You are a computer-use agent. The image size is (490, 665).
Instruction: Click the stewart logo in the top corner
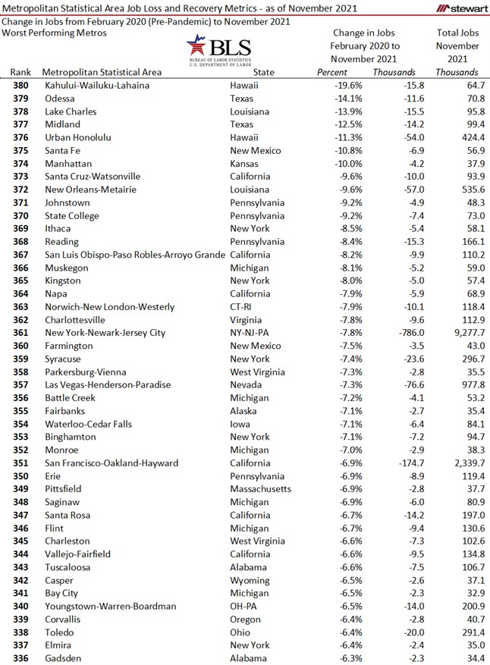coord(458,8)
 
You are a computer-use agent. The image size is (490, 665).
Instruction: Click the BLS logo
coord(218,51)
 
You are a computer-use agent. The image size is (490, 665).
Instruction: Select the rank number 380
coord(21,86)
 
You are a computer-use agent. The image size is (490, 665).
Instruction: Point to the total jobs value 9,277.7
coord(463,332)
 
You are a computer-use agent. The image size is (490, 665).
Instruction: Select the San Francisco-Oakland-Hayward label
coord(112,463)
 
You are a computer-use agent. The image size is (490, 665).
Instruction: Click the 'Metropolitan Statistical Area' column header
coord(102,72)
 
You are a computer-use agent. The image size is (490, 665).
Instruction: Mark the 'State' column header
coord(264,72)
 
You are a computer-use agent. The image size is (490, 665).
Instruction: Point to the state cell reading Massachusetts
coord(260,489)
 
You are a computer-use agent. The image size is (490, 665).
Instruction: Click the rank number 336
coord(21,658)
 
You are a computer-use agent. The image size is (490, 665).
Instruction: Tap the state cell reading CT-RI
coord(244,306)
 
